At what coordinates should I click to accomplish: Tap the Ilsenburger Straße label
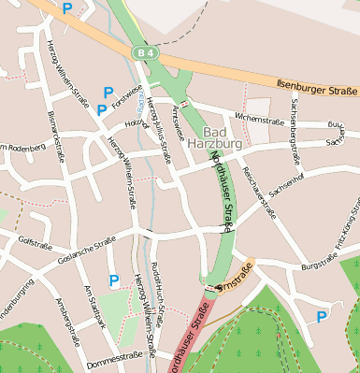(317, 89)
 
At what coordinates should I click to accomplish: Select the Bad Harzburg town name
(222, 137)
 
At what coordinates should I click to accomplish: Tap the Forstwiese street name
(125, 106)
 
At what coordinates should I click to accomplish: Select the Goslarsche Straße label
(86, 250)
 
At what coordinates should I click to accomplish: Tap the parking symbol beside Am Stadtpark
(114, 280)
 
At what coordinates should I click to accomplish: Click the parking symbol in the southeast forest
(322, 317)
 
